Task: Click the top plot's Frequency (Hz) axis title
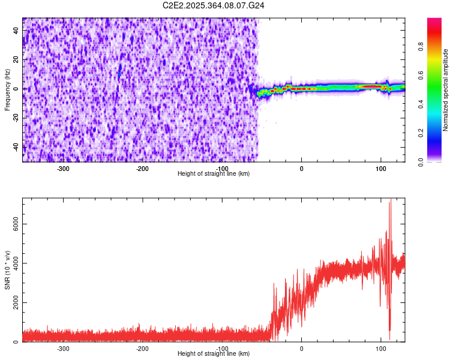(x=7, y=90)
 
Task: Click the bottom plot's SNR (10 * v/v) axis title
(x=7, y=269)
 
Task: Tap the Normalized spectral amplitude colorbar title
(x=446, y=90)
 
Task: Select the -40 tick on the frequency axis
(x=15, y=146)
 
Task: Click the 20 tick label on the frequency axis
(x=16, y=59)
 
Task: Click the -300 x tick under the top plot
(x=63, y=168)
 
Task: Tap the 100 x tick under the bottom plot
(x=380, y=348)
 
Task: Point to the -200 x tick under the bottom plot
(x=142, y=348)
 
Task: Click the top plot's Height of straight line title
(x=214, y=173)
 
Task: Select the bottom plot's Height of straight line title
(x=214, y=353)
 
